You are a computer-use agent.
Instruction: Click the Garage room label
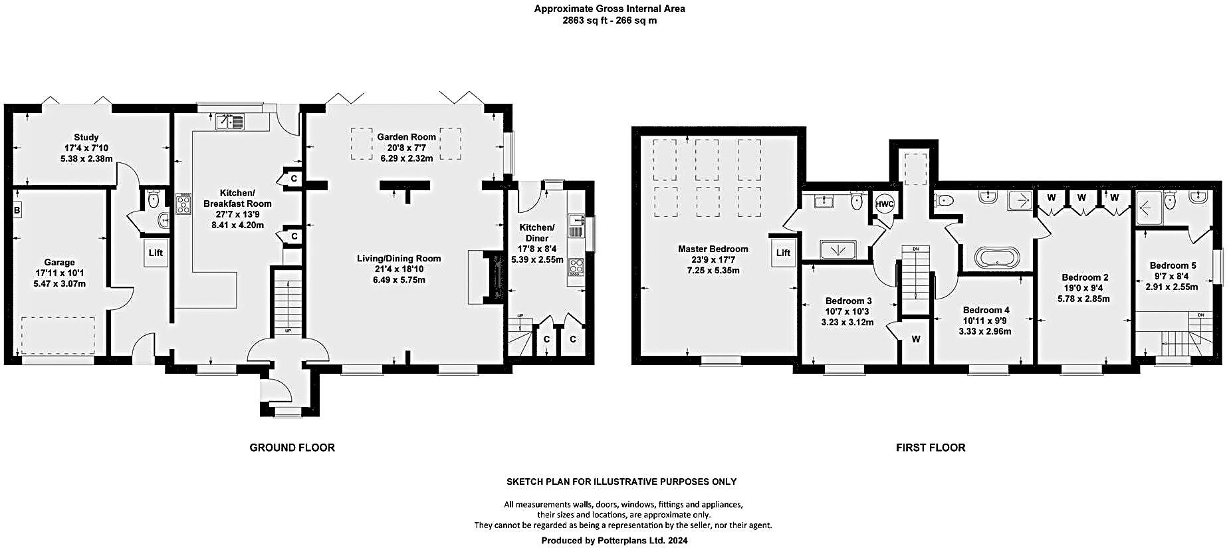[59, 262]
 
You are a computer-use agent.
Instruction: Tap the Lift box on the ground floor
[156, 253]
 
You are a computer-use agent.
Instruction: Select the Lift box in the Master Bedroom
[783, 253]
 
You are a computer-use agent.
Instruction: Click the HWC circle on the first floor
[885, 204]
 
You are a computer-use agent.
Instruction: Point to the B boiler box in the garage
[17, 211]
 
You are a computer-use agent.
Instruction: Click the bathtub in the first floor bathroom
[995, 257]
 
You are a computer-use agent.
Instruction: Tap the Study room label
[86, 138]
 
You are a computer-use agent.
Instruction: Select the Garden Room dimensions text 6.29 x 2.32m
[406, 158]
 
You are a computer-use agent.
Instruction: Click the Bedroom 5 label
[1173, 265]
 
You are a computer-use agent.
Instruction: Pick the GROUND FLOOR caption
[292, 448]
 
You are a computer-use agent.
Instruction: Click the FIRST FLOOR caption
[930, 448]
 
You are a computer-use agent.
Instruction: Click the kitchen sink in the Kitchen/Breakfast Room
[230, 121]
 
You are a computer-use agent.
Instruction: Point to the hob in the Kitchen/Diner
[576, 267]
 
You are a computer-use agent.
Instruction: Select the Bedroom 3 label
[848, 301]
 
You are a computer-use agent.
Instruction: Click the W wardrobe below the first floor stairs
[915, 339]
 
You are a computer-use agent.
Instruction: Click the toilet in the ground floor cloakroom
[154, 198]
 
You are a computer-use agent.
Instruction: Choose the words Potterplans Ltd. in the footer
[631, 541]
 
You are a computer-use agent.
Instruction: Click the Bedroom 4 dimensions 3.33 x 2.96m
[984, 331]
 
